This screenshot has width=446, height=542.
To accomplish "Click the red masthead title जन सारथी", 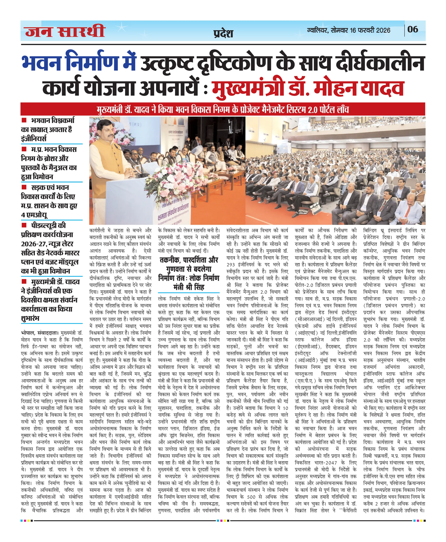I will pos(65,31).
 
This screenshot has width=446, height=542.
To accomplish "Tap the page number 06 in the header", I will pos(413,29).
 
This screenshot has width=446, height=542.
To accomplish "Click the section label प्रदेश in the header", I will pos(223,34).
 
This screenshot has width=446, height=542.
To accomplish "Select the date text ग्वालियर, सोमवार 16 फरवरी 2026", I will pos(348,30).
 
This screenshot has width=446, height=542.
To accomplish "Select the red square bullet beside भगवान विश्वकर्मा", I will pos(24,120).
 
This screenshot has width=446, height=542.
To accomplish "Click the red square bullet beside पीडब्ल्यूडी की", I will pos(24,225).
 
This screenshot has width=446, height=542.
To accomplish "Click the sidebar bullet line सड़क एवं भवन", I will pos(50,187).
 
